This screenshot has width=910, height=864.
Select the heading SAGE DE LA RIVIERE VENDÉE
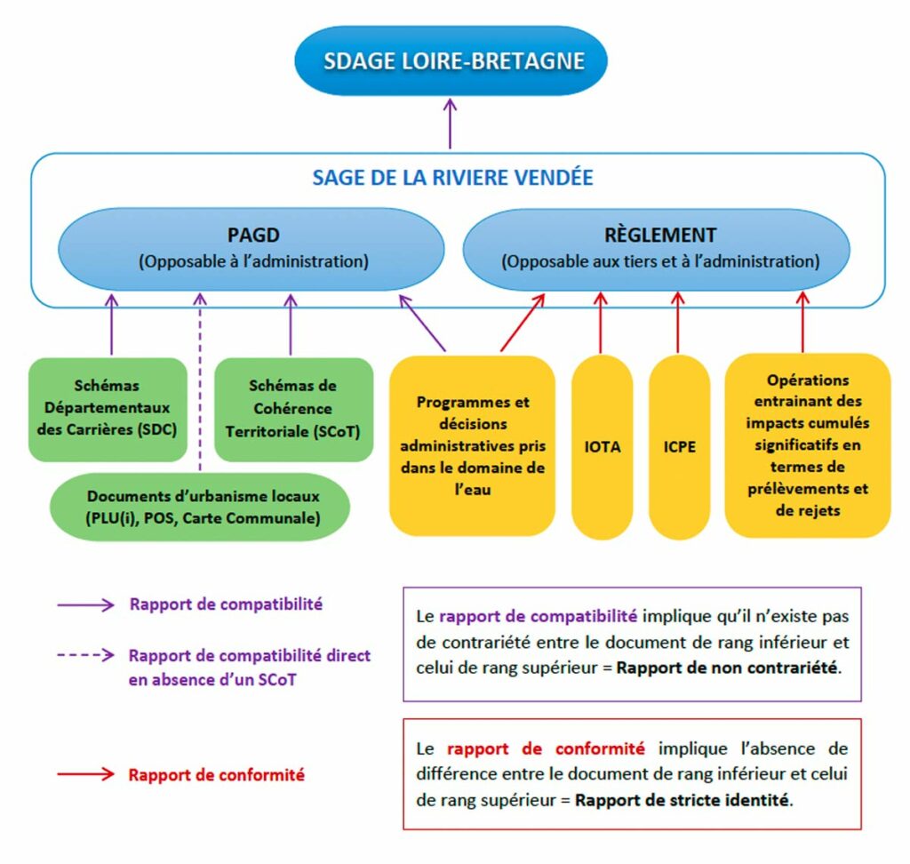[x=452, y=177]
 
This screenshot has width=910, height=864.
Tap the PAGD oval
[x=252, y=248]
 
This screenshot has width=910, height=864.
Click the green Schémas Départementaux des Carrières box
[x=108, y=409]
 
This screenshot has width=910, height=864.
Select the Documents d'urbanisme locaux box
[x=203, y=507]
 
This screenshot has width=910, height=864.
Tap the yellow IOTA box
[x=602, y=447]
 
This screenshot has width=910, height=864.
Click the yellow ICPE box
[x=679, y=447]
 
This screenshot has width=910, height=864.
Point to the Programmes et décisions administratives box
[x=472, y=445]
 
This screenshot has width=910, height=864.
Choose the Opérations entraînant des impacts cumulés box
[x=808, y=445]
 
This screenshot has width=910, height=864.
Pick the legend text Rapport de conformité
[x=216, y=774]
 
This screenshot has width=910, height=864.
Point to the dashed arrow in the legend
[x=85, y=655]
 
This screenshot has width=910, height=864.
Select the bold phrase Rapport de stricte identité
[x=682, y=799]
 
